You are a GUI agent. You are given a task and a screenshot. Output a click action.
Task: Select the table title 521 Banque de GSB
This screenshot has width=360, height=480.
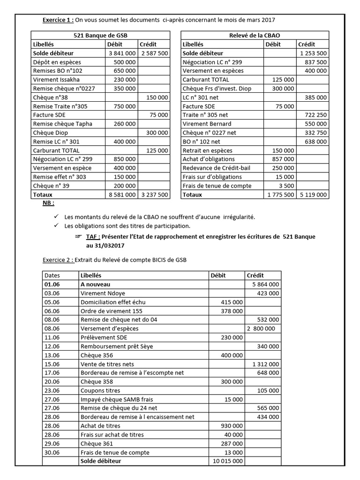(100, 36)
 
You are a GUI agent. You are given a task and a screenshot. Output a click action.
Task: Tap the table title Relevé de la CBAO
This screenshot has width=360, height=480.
(255, 36)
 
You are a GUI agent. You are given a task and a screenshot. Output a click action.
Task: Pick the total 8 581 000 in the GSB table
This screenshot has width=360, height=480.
(123, 195)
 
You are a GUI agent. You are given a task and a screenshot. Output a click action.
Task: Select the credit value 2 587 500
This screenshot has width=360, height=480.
(154, 53)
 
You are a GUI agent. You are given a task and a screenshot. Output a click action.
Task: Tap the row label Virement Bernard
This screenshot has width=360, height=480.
(207, 124)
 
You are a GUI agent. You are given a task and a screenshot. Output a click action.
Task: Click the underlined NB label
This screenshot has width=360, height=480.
(48, 203)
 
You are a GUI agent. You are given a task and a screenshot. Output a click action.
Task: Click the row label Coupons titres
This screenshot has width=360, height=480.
(100, 390)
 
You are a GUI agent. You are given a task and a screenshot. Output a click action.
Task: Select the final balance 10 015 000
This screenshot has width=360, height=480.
(227, 461)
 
